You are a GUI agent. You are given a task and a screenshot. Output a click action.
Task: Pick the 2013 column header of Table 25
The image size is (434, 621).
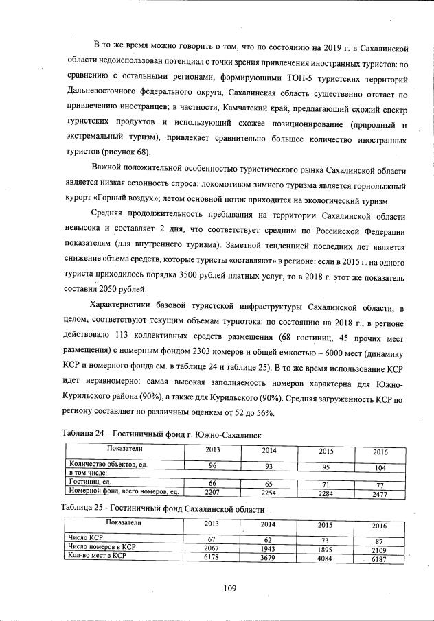point(212,524)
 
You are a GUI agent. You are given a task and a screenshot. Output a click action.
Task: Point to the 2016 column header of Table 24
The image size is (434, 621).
point(380,452)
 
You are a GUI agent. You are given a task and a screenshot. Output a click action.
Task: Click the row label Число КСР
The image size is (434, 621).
point(85,537)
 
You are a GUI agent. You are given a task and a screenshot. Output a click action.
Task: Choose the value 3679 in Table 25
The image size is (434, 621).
point(268,555)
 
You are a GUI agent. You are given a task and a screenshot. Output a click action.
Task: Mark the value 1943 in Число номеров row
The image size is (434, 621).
point(268,547)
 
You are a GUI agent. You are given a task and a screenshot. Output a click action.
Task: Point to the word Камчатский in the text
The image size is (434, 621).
point(248,110)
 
